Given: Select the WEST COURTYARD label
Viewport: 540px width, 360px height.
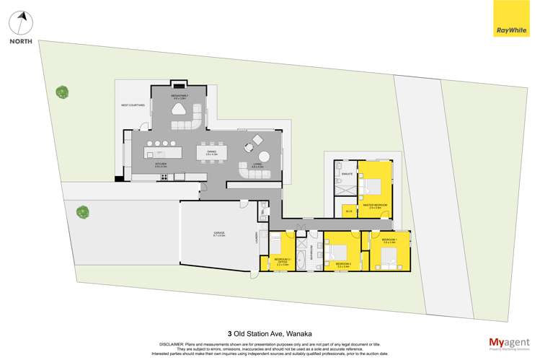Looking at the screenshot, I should (133, 105).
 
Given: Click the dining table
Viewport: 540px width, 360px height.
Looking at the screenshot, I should (212, 152).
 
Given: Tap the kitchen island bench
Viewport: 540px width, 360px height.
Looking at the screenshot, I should (163, 152).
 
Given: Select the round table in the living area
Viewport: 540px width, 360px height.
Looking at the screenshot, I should (265, 157).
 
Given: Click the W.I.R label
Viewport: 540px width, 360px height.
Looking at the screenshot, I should (349, 211).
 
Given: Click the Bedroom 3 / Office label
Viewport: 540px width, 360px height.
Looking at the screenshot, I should (282, 260).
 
